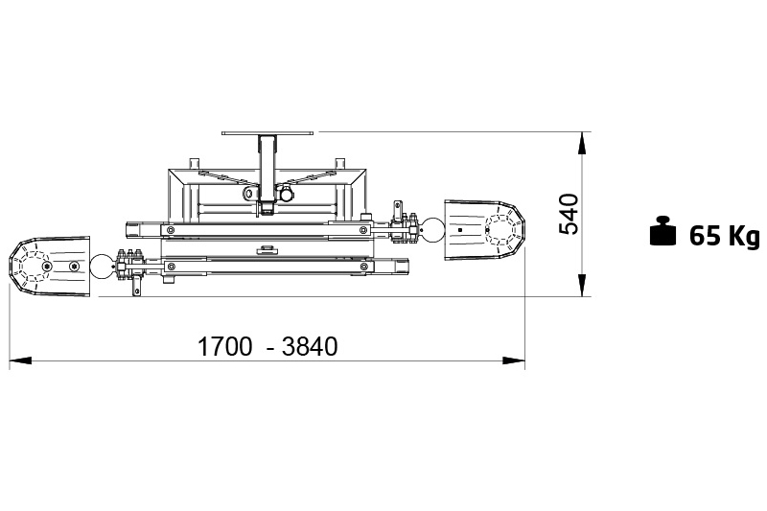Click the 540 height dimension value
pyautogui.click(x=569, y=214)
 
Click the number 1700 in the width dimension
pyautogui.click(x=224, y=347)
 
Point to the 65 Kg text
pyautogui.click(x=725, y=236)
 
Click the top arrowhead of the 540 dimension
pyautogui.click(x=582, y=143)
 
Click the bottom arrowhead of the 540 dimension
pyautogui.click(x=582, y=285)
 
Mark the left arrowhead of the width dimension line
pyautogui.click(x=21, y=360)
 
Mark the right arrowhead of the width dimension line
pyautogui.click(x=514, y=360)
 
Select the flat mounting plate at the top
pyautogui.click(x=267, y=132)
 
